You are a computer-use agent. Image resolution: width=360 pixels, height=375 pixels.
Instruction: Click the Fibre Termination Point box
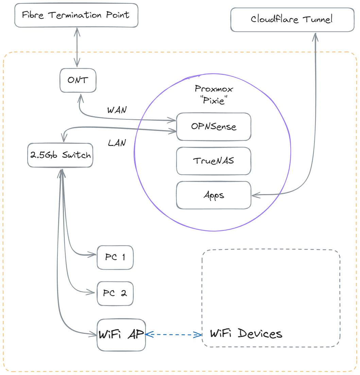click(76, 15)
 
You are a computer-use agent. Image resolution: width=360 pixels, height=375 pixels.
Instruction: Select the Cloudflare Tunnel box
click(292, 19)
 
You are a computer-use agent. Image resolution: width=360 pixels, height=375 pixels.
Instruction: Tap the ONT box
click(78, 80)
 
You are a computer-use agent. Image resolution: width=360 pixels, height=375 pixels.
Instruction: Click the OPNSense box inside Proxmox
click(213, 126)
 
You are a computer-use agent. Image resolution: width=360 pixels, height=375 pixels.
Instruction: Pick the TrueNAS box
click(213, 161)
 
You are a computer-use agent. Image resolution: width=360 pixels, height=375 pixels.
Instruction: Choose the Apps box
click(213, 195)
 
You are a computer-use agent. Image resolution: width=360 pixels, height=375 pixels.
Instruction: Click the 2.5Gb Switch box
click(60, 155)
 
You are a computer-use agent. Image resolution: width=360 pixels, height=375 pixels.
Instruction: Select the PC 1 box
click(115, 257)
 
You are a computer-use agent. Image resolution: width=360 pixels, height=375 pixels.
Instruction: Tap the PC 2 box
click(115, 293)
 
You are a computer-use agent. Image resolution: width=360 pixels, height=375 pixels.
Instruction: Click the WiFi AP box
click(121, 335)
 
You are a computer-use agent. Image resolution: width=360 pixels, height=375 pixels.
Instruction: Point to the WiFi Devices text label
click(246, 333)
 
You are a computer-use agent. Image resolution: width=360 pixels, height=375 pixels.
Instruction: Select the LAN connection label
click(117, 143)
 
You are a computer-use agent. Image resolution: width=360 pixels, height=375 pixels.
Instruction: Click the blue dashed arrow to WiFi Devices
click(173, 335)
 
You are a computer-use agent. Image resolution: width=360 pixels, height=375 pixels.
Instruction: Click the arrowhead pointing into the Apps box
click(255, 195)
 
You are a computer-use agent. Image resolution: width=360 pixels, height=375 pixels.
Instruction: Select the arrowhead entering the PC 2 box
click(91, 292)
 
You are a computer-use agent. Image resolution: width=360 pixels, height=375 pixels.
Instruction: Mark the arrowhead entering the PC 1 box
click(91, 254)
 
